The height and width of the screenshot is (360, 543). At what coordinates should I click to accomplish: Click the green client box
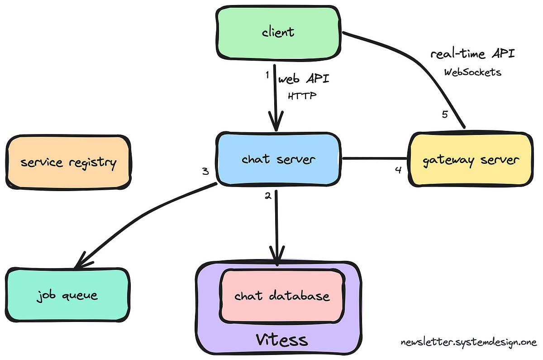278,32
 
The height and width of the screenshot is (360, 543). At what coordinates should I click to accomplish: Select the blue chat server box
278,159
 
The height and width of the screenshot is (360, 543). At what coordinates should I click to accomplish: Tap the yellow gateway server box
471,160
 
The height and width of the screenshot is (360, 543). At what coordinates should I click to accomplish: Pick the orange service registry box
68,162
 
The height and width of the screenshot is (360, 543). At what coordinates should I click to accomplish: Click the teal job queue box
68,296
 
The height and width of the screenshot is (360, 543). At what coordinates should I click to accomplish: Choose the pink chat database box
281,296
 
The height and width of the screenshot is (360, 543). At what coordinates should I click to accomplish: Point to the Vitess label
281,340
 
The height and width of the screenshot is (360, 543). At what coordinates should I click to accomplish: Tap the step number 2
268,196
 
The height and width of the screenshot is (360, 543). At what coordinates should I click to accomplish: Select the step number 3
205,172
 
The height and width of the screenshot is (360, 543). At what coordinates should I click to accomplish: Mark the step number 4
398,171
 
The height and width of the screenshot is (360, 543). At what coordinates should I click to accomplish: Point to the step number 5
445,114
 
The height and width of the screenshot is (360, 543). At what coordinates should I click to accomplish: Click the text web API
303,79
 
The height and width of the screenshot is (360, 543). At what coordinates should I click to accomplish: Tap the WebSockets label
472,72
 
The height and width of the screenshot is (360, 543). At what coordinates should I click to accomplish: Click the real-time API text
472,54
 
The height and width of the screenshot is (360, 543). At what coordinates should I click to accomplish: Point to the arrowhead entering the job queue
81,263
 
